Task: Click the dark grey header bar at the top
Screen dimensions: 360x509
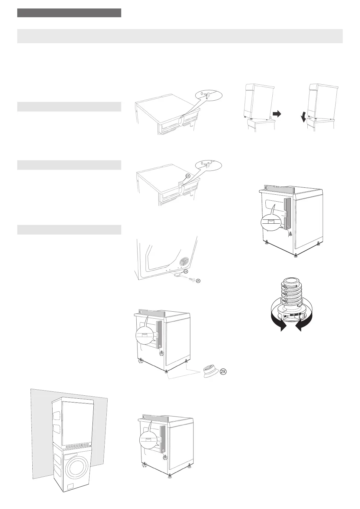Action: tap(69, 13)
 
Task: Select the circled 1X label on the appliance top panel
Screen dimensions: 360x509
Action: tap(188, 176)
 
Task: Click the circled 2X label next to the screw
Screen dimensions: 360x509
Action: tap(198, 281)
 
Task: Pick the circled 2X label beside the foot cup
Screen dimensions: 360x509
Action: tap(223, 372)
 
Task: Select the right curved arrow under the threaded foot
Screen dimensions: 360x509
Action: tap(302, 325)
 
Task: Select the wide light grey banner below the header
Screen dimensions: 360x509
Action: tap(180, 36)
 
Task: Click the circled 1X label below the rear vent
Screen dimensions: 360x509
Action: tap(186, 271)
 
